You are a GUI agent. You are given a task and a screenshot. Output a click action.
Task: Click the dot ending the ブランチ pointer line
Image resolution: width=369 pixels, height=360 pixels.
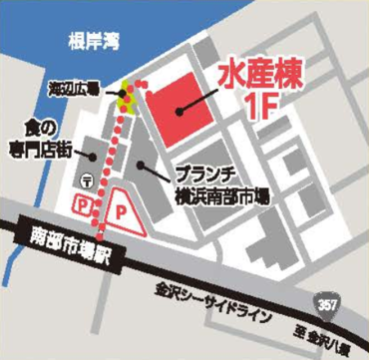pyautogui.click(x=143, y=163)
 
